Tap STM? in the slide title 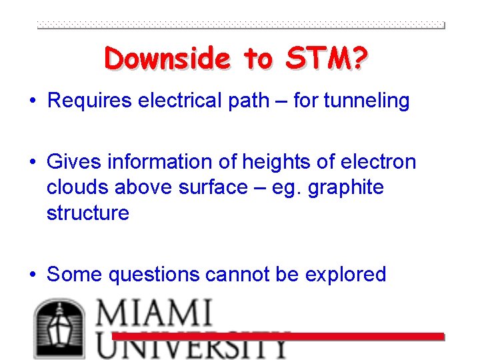(x=327, y=59)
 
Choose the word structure (x=88, y=213)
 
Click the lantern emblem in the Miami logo (x=59, y=329)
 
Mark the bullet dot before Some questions (x=32, y=275)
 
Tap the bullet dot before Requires (x=32, y=101)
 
